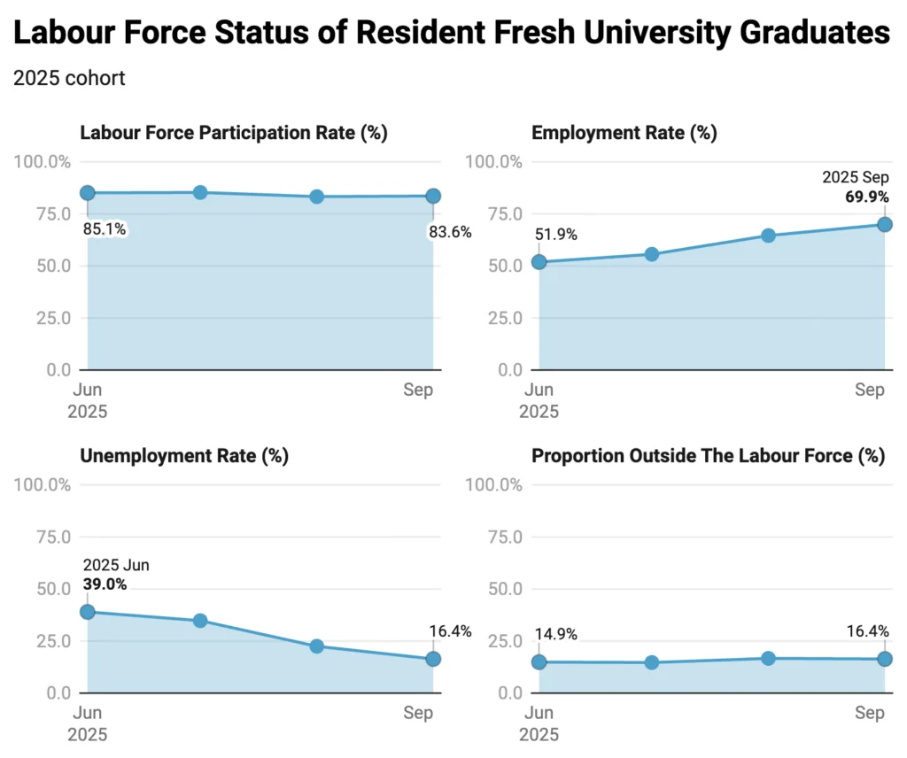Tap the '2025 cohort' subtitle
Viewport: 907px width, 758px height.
(x=69, y=78)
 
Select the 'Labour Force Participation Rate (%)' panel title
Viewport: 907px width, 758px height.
(x=234, y=133)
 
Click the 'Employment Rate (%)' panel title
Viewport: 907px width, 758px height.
(x=624, y=133)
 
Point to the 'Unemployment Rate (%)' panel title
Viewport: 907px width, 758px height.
(x=184, y=456)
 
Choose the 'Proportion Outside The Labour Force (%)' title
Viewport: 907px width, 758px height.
(x=708, y=456)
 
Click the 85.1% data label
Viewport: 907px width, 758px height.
(x=105, y=229)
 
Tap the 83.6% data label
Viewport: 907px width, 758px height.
(x=449, y=232)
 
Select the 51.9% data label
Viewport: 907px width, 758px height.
(x=556, y=235)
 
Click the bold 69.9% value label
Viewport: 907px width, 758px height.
(x=865, y=197)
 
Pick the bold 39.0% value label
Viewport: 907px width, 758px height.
(x=105, y=584)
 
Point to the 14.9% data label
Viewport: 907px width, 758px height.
(x=556, y=634)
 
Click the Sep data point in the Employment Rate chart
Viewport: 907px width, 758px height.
(x=884, y=224)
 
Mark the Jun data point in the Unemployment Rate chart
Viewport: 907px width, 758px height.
(x=87, y=612)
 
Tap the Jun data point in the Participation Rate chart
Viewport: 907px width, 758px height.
(x=87, y=193)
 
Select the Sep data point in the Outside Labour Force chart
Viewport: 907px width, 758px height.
(x=884, y=659)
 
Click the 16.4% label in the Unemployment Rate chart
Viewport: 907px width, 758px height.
(x=449, y=631)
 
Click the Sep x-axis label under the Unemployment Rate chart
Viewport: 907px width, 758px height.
(x=418, y=713)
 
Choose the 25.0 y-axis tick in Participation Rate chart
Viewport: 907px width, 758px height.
(x=53, y=318)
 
